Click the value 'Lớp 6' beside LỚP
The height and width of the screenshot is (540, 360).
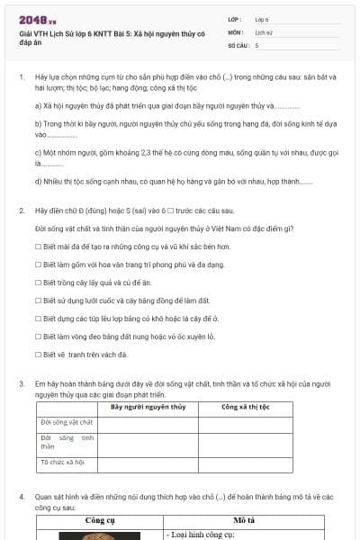pyautogui.click(x=262, y=18)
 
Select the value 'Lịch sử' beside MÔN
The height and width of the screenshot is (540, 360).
pyautogui.click(x=263, y=31)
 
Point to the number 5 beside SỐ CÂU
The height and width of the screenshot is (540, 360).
pyautogui.click(x=256, y=45)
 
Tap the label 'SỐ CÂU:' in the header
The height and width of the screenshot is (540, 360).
pyautogui.click(x=237, y=45)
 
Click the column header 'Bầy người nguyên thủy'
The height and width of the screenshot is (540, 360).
pyautogui.click(x=148, y=407)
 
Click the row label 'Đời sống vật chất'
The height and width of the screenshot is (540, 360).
pyautogui.click(x=67, y=422)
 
